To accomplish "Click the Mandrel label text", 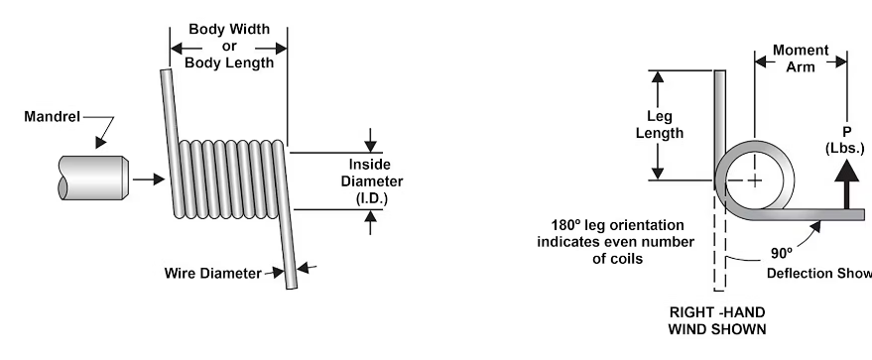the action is [x=53, y=117].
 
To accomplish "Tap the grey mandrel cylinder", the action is [x=93, y=178].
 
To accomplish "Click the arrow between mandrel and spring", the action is [x=149, y=179].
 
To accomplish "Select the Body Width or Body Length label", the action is [x=229, y=46].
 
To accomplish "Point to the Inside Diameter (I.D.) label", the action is [x=371, y=181].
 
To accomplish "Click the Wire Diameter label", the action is [x=212, y=274].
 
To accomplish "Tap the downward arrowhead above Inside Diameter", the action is [x=370, y=146].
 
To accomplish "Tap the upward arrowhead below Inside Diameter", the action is [x=370, y=216].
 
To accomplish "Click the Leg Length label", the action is [x=660, y=124].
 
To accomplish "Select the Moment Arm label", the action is [x=801, y=59].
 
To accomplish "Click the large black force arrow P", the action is [x=846, y=183].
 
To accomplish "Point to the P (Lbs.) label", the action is [x=845, y=140].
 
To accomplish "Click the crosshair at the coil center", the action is [x=755, y=180].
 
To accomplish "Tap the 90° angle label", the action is [x=782, y=253].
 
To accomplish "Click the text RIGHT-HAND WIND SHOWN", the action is [x=717, y=320].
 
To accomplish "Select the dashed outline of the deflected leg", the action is [x=719, y=244].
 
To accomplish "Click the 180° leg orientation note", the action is [x=616, y=242].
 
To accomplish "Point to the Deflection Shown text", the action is [x=819, y=274].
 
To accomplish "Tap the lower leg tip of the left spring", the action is [x=292, y=287].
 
